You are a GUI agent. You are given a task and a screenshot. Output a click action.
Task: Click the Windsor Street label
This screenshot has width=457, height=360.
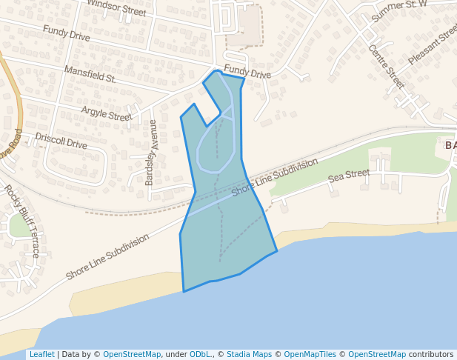(x=116, y=7)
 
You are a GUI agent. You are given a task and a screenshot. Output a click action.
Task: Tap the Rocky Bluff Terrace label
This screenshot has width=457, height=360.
(x=23, y=221)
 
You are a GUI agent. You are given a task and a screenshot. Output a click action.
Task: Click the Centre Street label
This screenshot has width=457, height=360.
(x=387, y=67)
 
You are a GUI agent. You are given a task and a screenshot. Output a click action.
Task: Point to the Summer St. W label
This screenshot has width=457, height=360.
(x=400, y=10)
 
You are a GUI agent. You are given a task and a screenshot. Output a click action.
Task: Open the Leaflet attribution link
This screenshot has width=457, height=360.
(x=41, y=354)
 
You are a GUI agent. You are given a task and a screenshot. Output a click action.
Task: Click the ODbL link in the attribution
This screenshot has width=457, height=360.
(x=199, y=354)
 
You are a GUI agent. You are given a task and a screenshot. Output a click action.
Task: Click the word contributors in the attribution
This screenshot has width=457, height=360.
(x=431, y=354)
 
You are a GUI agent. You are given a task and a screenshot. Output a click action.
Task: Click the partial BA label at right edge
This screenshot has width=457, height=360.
(x=450, y=145)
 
